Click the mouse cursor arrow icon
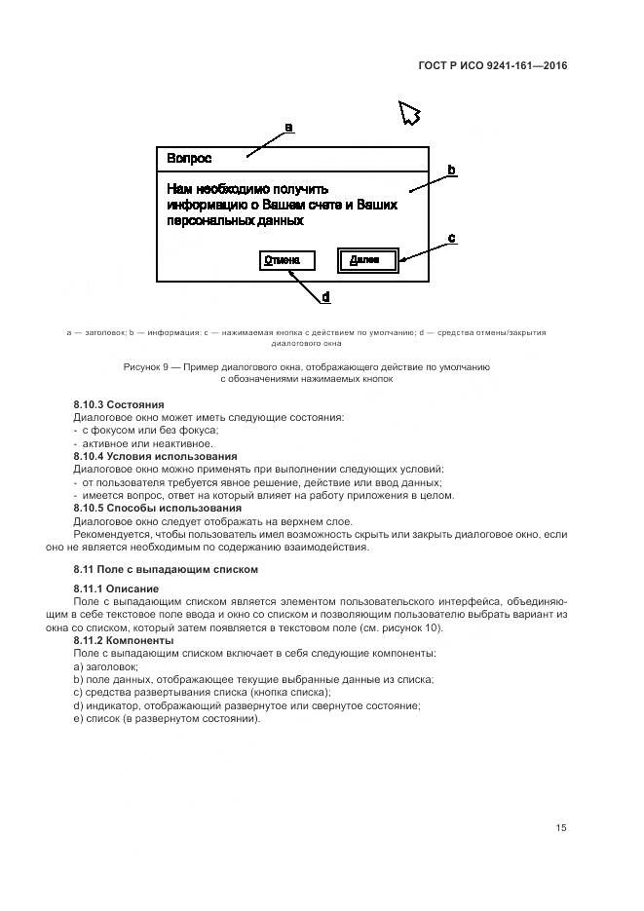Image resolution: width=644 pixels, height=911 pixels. pyautogui.click(x=409, y=114)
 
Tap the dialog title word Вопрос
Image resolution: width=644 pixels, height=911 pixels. pyautogui.click(x=189, y=158)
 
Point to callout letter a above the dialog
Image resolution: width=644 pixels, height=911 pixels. pyautogui.click(x=288, y=128)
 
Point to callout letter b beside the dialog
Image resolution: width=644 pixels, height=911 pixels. pyautogui.click(x=451, y=171)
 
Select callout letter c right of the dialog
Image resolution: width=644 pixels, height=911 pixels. pyautogui.click(x=451, y=238)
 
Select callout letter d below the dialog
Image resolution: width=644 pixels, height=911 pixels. pyautogui.click(x=325, y=296)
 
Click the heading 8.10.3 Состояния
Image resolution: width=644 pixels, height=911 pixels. pyautogui.click(x=119, y=403)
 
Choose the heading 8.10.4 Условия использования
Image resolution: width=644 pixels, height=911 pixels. pyautogui.click(x=155, y=456)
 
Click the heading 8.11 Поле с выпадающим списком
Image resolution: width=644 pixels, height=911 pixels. pyautogui.click(x=165, y=569)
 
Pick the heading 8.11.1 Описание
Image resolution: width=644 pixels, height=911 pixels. pyautogui.click(x=116, y=589)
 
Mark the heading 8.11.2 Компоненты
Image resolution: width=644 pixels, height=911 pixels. pyautogui.click(x=124, y=640)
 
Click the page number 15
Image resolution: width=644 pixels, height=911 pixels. pyautogui.click(x=561, y=828)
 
